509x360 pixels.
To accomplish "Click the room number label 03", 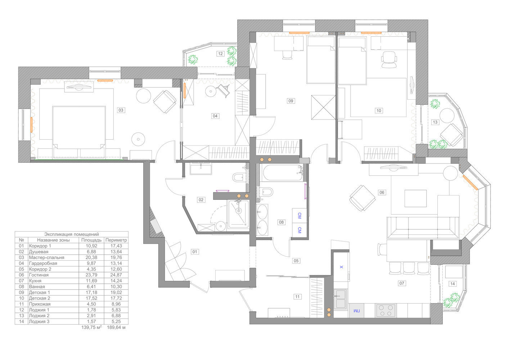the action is pyautogui.click(x=121, y=110).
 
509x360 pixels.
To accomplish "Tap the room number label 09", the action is pyautogui.click(x=291, y=101).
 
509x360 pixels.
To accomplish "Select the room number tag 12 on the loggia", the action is pyautogui.click(x=220, y=54).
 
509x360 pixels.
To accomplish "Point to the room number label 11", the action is pyautogui.click(x=297, y=297).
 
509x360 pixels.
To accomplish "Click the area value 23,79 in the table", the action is pyautogui.click(x=91, y=275).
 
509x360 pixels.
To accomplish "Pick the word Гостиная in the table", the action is pyautogui.click(x=39, y=275).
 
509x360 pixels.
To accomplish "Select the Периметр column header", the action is pyautogui.click(x=116, y=240).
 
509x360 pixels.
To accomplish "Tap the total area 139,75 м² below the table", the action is pyautogui.click(x=91, y=328).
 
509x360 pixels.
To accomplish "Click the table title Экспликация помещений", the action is pyautogui.click(x=72, y=234).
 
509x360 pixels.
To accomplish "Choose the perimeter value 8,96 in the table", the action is pyautogui.click(x=116, y=304).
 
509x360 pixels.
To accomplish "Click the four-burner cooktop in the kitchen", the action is pyautogui.click(x=386, y=310).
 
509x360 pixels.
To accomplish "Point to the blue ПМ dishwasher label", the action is pyautogui.click(x=356, y=311).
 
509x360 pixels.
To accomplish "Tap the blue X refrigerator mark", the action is pyautogui.click(x=341, y=267).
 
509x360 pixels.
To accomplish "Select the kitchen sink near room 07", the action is pyautogui.click(x=340, y=299).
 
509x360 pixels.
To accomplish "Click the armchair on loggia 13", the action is pyautogui.click(x=451, y=135).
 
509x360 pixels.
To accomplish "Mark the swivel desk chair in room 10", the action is pyautogui.click(x=389, y=59).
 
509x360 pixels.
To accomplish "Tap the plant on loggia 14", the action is pyautogui.click(x=451, y=300).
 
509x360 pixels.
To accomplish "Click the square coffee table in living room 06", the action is pyautogui.click(x=416, y=198).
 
